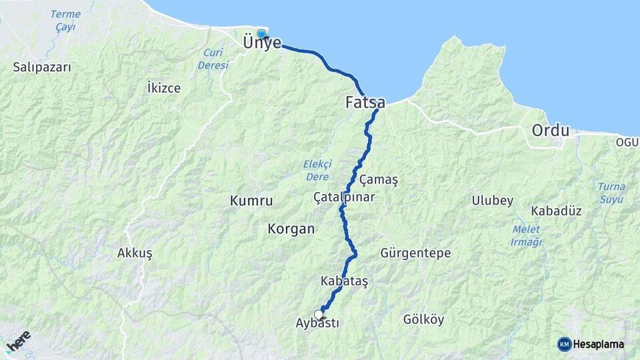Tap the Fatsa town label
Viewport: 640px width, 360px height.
click(x=365, y=103)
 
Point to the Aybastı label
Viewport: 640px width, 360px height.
click(x=317, y=323)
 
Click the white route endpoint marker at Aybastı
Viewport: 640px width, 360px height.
click(x=319, y=314)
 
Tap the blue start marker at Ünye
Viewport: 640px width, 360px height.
click(x=261, y=35)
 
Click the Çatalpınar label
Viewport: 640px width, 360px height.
click(x=344, y=197)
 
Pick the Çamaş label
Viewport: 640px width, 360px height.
click(x=378, y=181)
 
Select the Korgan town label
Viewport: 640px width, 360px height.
click(x=291, y=229)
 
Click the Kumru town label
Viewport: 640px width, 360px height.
click(x=251, y=200)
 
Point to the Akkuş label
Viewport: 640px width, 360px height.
click(x=135, y=253)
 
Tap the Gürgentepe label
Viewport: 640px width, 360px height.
click(x=415, y=253)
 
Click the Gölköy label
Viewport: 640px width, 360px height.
click(x=423, y=319)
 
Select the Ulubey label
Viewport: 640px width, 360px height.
click(x=493, y=201)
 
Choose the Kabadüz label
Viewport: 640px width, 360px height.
click(x=557, y=211)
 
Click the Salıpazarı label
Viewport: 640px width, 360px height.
click(x=41, y=67)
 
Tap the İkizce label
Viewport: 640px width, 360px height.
click(x=163, y=88)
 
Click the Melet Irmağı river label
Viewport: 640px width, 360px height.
click(x=525, y=236)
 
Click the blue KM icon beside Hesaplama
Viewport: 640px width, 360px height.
click(x=565, y=344)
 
